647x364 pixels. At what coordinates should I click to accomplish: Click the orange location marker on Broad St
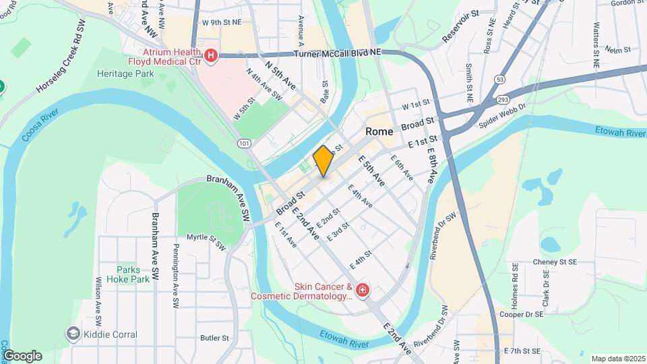(x=323, y=162)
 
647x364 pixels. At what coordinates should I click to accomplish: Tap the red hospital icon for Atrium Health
(x=211, y=55)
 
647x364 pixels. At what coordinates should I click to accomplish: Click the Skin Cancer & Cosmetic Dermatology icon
(x=363, y=290)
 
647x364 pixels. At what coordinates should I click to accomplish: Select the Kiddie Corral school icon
(x=73, y=334)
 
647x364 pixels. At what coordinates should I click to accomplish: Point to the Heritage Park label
(x=125, y=73)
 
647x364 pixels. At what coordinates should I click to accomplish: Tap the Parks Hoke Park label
(x=132, y=274)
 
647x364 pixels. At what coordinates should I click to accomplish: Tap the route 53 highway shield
(x=499, y=80)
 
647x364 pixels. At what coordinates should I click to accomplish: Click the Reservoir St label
(x=460, y=26)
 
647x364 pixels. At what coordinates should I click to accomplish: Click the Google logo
(x=22, y=355)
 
